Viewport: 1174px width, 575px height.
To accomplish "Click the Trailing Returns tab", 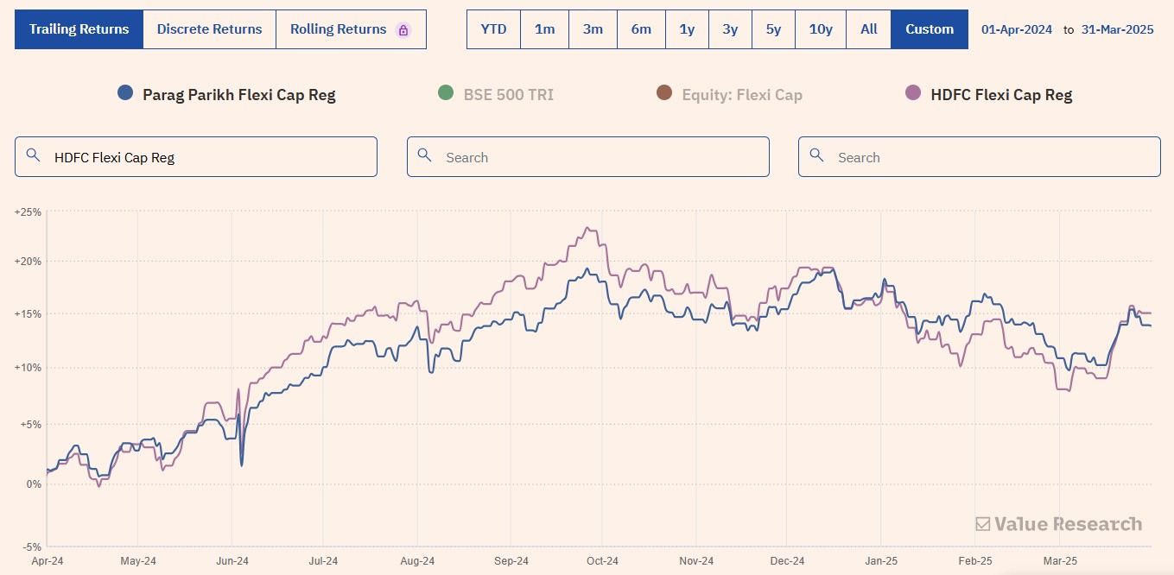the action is pos(79,29).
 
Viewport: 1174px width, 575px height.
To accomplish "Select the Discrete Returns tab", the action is pos(209,29).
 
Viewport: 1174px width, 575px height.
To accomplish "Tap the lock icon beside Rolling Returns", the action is pos(403,30).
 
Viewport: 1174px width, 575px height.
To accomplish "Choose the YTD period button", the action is pos(493,29).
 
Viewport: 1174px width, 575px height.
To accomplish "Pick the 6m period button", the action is pos(641,29).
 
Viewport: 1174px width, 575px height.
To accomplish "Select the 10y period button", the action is pos(820,29).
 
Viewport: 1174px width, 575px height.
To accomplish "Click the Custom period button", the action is pos(930,29).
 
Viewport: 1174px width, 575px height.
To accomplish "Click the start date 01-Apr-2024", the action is pos(1016,29).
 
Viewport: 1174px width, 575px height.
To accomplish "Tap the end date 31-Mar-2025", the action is pos(1117,29).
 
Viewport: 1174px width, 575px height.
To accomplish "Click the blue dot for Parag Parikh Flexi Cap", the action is pos(125,92).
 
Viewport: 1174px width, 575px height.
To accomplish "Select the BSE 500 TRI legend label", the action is pos(508,95).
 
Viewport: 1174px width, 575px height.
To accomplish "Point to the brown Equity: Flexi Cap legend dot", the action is pos(664,92).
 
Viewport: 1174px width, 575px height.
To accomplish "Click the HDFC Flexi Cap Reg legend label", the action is pos(1001,95).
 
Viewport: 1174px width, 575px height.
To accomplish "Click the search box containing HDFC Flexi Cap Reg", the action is pos(196,156).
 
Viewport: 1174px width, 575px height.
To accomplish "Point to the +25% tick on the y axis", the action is pos(28,212).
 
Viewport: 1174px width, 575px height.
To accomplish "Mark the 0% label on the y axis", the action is pos(34,483).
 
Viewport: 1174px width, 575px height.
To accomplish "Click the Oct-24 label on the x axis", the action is pos(602,561).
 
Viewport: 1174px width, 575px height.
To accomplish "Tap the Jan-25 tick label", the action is pos(881,561).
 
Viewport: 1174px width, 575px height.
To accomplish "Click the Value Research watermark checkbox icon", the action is pos(983,524).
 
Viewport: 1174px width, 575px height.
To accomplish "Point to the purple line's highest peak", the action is pos(587,228).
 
